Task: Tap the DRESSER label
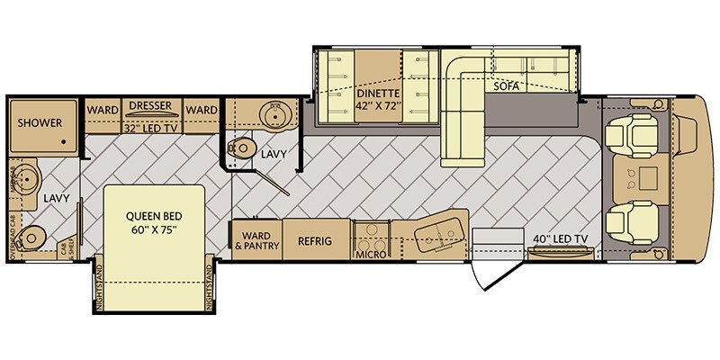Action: click(149, 105)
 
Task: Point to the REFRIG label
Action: click(318, 240)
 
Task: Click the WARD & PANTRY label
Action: click(257, 240)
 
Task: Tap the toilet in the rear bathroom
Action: click(34, 236)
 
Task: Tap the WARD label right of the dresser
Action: click(201, 110)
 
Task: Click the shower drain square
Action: click(64, 141)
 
